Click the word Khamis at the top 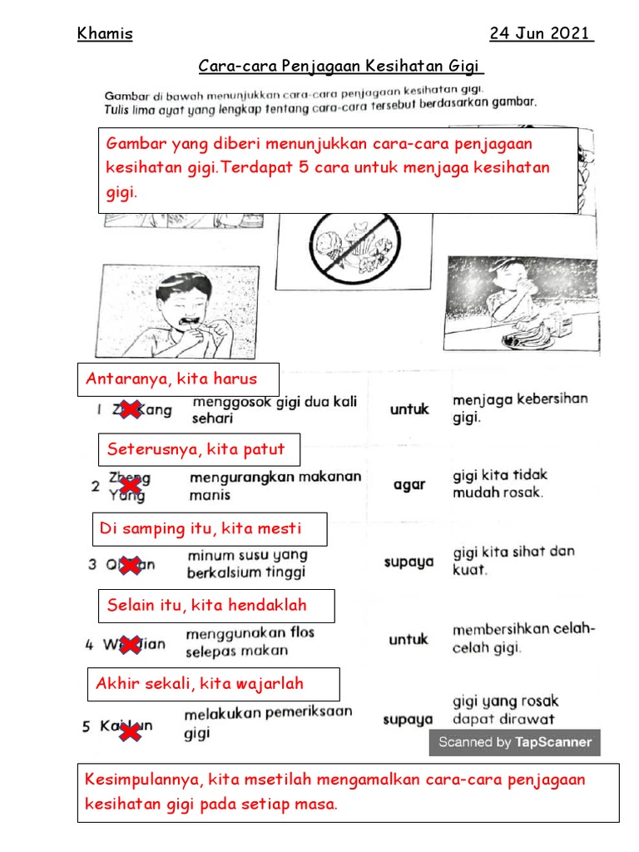pyautogui.click(x=105, y=34)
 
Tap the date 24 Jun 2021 pyautogui.click(x=542, y=34)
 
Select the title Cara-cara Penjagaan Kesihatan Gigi pyautogui.click(x=341, y=66)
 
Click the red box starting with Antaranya pyautogui.click(x=177, y=379)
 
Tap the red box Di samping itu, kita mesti pyautogui.click(x=209, y=529)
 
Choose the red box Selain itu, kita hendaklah pyautogui.click(x=216, y=606)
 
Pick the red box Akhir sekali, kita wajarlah pyautogui.click(x=213, y=684)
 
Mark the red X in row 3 pyautogui.click(x=129, y=565)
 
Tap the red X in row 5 pyautogui.click(x=129, y=731)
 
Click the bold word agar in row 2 pyautogui.click(x=409, y=485)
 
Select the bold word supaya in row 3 pyautogui.click(x=409, y=562)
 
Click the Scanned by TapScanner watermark pyautogui.click(x=514, y=742)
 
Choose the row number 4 pyautogui.click(x=90, y=644)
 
